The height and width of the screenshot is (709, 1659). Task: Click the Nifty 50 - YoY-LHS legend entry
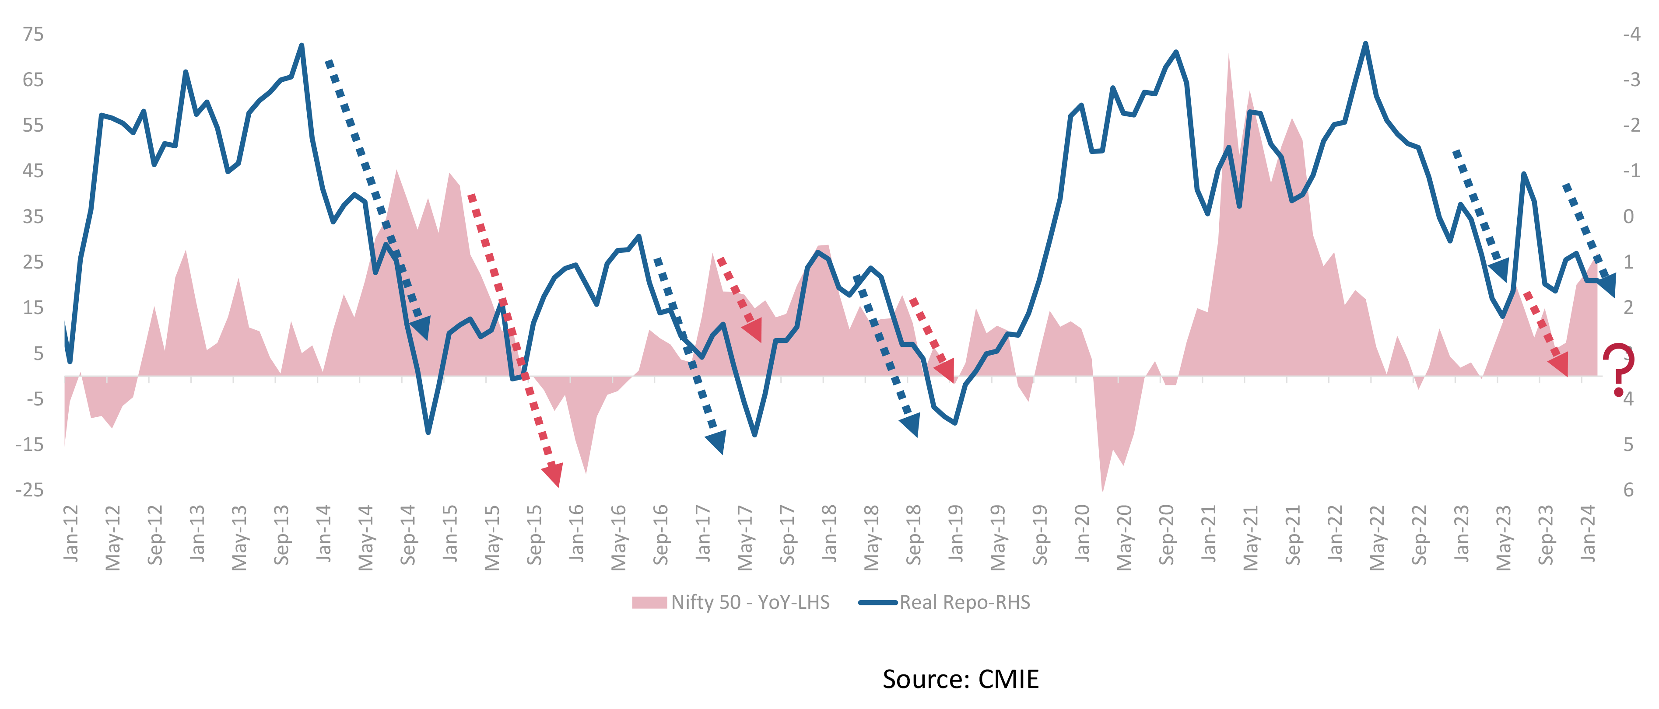click(731, 602)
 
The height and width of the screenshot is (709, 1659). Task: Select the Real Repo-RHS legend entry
click(945, 602)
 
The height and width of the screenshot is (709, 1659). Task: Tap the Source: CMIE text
click(960, 679)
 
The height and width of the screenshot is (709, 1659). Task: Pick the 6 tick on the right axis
click(1628, 490)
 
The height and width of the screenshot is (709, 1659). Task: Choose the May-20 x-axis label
click(1124, 538)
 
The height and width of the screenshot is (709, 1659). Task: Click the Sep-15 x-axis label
click(534, 535)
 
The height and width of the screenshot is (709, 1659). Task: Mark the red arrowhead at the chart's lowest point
click(553, 474)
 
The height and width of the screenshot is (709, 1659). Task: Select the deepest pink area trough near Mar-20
click(1102, 489)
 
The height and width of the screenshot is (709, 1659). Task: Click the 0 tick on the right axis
click(1628, 217)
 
